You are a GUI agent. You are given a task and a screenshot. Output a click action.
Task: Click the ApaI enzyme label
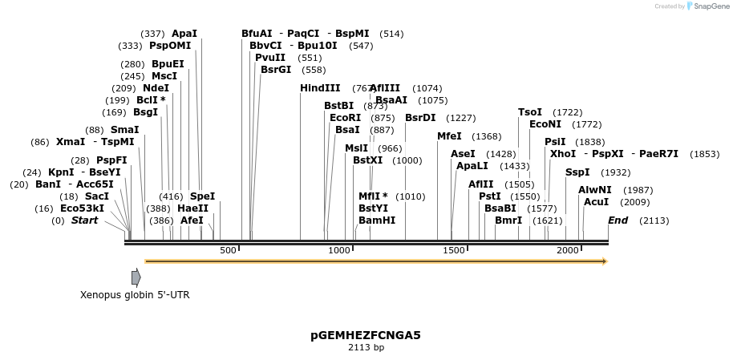point(184,34)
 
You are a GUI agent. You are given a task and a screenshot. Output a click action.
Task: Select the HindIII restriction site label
point(320,88)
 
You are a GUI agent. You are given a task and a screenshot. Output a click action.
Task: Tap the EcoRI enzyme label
point(345,118)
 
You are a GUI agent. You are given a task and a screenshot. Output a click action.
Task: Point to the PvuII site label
point(270,58)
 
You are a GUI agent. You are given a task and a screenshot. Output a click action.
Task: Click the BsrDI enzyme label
point(420,118)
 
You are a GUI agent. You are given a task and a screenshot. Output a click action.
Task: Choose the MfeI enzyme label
point(449,136)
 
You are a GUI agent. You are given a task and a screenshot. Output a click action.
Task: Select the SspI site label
point(577,172)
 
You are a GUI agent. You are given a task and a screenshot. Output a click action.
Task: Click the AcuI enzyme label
point(596,202)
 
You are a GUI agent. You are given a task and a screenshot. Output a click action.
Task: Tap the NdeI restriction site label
point(156,88)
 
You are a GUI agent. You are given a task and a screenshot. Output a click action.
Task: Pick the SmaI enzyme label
point(124,130)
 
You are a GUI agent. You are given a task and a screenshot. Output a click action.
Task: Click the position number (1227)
point(461,118)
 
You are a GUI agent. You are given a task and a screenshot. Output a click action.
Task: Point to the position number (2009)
point(635,202)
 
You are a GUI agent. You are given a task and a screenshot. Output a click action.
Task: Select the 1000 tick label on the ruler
point(339,251)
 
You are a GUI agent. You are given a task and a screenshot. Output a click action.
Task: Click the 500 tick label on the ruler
point(228,251)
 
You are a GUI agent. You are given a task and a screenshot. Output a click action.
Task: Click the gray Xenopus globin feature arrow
point(136,277)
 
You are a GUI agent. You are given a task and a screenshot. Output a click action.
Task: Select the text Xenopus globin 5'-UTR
point(135,295)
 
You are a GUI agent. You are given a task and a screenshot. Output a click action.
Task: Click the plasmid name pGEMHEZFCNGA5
point(366,335)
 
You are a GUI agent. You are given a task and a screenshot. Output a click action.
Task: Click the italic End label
point(618,220)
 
